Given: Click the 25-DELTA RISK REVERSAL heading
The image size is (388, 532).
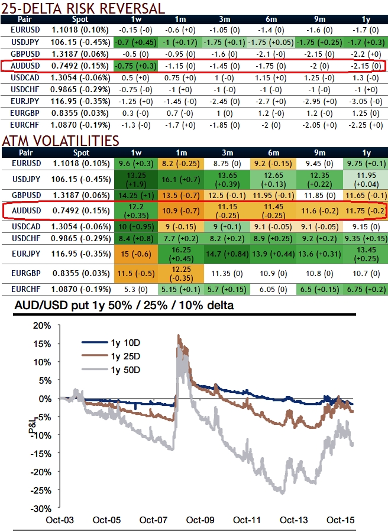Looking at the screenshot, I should pos(83,8).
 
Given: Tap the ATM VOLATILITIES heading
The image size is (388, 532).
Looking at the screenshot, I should pos(60,141).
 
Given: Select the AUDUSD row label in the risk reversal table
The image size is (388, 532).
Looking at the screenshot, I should pos(25,66).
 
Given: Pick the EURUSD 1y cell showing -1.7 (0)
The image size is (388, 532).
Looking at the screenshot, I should pos(366,30).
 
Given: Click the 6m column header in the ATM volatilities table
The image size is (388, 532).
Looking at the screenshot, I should pos(273,152).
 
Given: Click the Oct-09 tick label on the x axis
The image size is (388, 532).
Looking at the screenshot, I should pos(201,520).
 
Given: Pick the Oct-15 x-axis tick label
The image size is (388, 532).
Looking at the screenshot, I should pos(340,520).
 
